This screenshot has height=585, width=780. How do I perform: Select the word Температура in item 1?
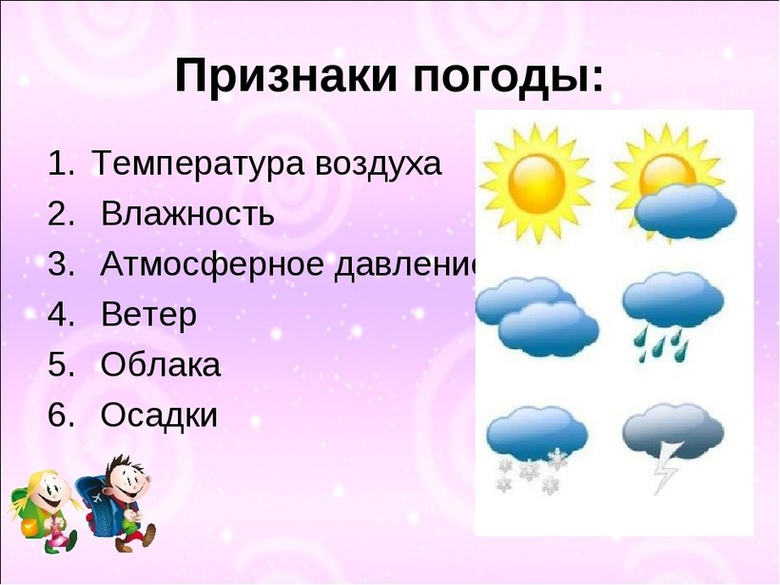coord(198,165)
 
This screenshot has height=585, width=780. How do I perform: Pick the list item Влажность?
coord(187,214)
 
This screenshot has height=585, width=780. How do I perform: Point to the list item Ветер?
coord(148,315)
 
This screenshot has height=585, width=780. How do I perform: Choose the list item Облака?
coord(160,364)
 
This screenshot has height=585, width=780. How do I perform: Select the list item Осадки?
coord(159,415)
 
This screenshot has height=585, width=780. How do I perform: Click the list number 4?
coord(60,315)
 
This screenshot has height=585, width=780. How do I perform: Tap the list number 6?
coord(60,415)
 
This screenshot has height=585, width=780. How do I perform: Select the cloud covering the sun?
coord(685,210)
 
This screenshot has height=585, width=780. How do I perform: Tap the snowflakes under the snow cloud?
coord(533,472)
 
